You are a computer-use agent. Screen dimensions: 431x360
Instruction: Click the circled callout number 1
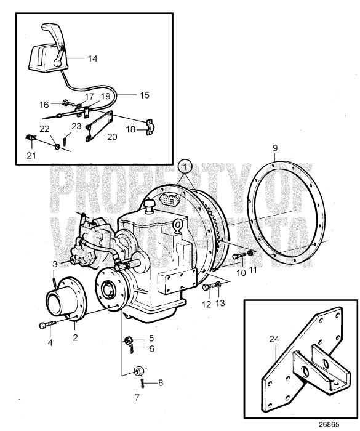pyautogui.click(x=185, y=166)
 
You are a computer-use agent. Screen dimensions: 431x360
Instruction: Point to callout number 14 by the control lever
pyautogui.click(x=92, y=59)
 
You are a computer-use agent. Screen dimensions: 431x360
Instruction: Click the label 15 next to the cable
pyautogui.click(x=144, y=95)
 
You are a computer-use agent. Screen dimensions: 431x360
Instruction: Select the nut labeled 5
pyautogui.click(x=130, y=339)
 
